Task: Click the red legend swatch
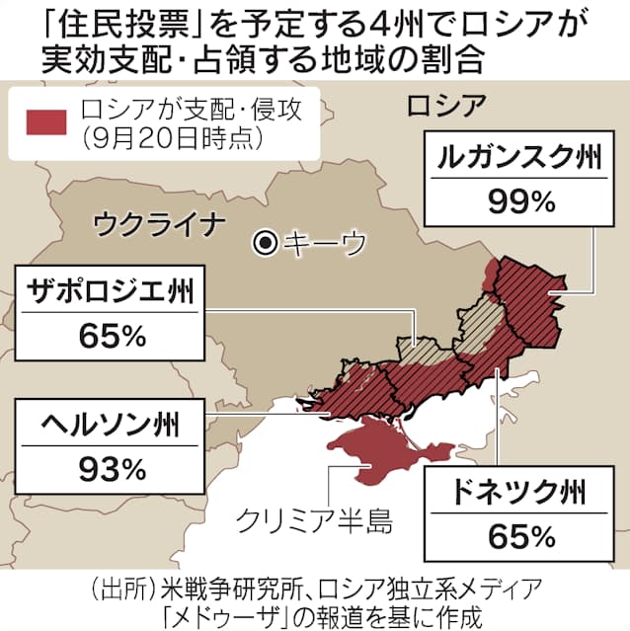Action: click(x=45, y=119)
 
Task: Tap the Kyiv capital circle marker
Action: click(x=264, y=240)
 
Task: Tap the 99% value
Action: click(x=522, y=201)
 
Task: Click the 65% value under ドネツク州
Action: click(x=521, y=537)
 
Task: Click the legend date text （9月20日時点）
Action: click(x=173, y=137)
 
